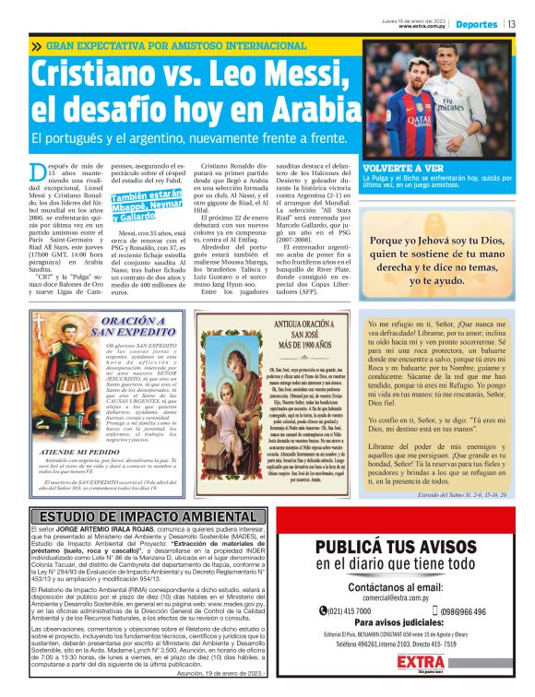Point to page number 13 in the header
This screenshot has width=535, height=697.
pyautogui.click(x=511, y=25)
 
